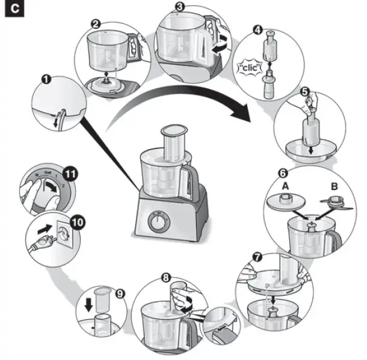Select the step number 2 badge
coord(95,24)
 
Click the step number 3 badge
coord(179,7)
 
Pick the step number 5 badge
coord(305,93)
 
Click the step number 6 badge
coord(282,172)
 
